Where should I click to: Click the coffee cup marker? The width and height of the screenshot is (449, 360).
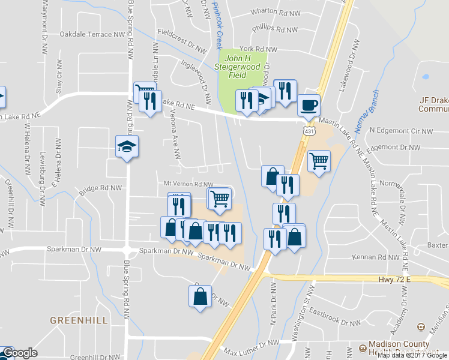[309, 106]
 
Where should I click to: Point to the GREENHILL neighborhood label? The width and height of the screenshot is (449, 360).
[79, 320]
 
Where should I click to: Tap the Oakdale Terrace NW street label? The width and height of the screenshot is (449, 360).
[92, 34]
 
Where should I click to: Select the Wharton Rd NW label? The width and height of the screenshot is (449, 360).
[275, 12]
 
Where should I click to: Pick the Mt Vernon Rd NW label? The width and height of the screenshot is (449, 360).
[189, 184]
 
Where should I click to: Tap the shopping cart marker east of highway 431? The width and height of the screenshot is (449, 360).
[319, 160]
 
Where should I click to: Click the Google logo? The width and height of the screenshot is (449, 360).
[19, 353]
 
